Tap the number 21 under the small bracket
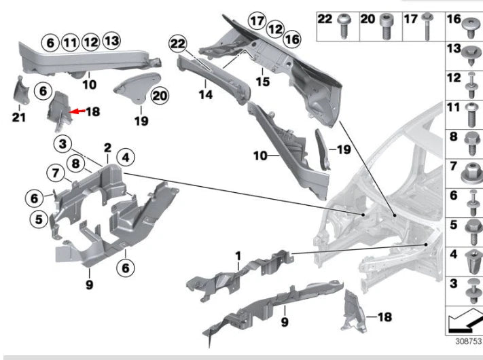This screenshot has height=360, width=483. pos(18,118)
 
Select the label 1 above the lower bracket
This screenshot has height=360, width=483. pos(238,255)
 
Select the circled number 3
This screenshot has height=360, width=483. pos(62,144)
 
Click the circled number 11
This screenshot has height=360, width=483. pos(70,43)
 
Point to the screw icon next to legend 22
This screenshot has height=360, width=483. pos(344,22)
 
